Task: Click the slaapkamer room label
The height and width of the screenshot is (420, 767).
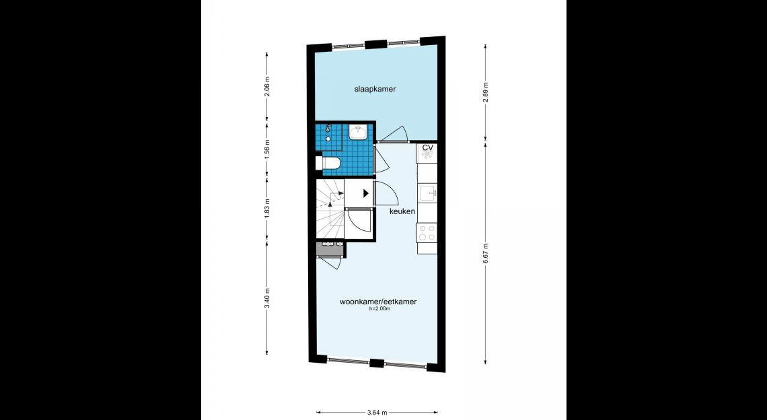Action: coord(375,89)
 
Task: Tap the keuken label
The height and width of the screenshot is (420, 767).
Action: coord(402,211)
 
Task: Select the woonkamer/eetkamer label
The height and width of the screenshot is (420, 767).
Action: coord(378,302)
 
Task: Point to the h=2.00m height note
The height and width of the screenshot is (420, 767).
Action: coord(379,309)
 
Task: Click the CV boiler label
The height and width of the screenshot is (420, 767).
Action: coord(427,147)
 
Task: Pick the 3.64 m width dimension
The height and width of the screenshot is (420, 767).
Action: coord(377,412)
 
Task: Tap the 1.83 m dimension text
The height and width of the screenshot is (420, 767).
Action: coord(267,209)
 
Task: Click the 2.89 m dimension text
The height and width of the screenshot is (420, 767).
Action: coord(485,92)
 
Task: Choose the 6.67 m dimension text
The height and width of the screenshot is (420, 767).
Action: coord(485,253)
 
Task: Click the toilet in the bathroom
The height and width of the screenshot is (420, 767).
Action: coord(326,162)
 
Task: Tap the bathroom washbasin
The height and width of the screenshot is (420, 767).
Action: coord(359,132)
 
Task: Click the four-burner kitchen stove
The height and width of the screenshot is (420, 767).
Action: coord(427,232)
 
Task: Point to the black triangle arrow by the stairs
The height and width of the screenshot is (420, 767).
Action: coord(365,193)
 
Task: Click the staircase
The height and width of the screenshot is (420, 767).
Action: coord(330,209)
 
